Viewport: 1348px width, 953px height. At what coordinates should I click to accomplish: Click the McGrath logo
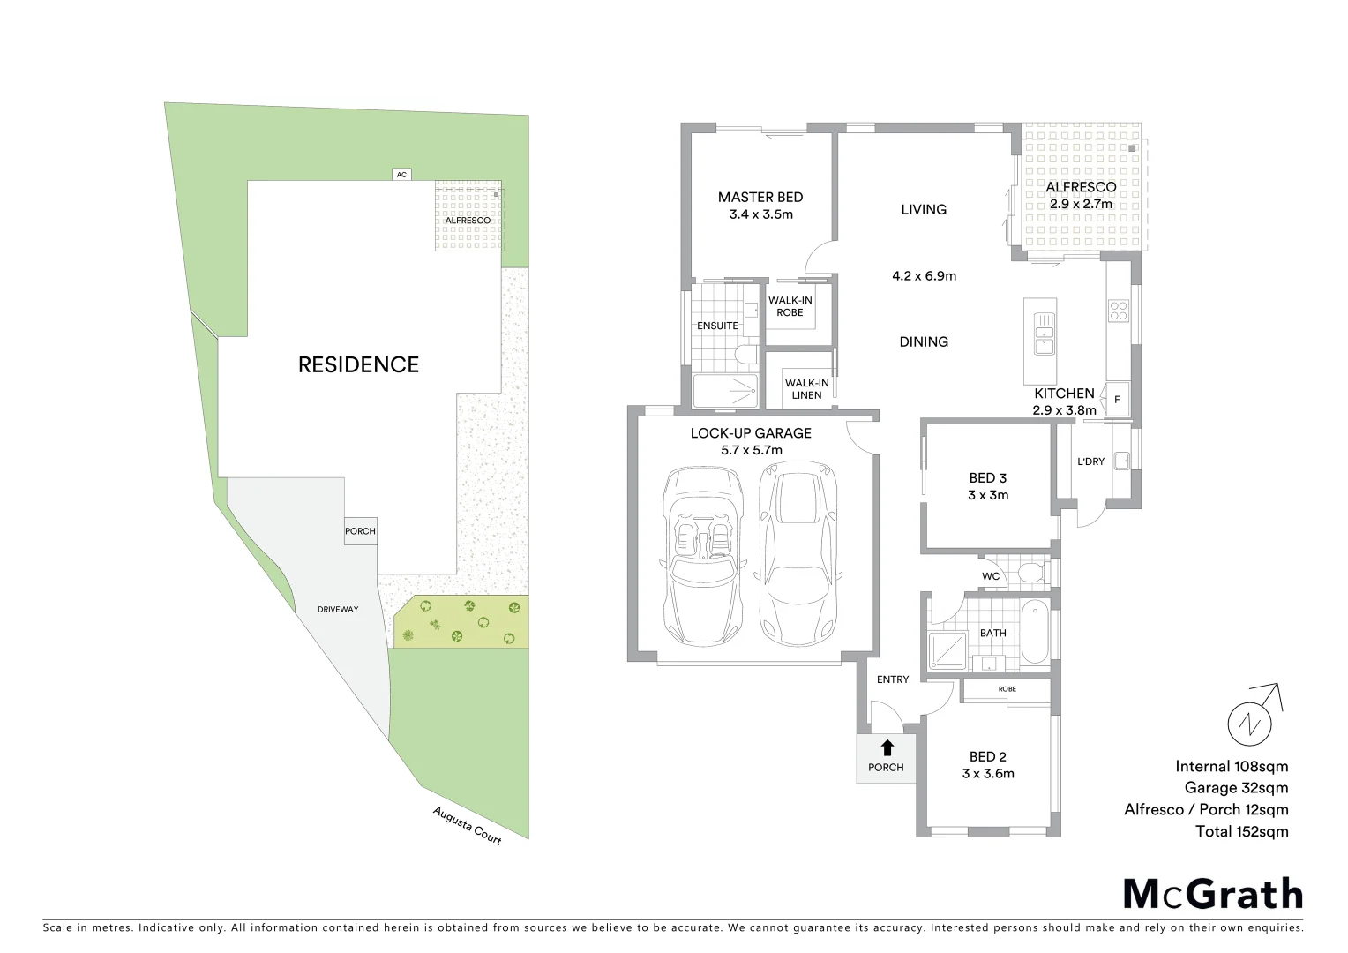pyautogui.click(x=1212, y=894)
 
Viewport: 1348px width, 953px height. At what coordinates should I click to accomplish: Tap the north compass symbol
pyautogui.click(x=1251, y=721)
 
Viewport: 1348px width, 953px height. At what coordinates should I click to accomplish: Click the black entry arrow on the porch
pyautogui.click(x=886, y=747)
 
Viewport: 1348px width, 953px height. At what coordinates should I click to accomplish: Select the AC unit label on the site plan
pyautogui.click(x=401, y=175)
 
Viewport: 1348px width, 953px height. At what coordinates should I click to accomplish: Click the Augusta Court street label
pyautogui.click(x=467, y=826)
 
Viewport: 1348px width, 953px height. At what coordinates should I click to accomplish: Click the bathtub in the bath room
pyautogui.click(x=1034, y=633)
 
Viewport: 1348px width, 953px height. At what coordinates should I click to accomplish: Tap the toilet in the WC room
pyautogui.click(x=1030, y=574)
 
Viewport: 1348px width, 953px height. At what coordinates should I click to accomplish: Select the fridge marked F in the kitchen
pyautogui.click(x=1117, y=399)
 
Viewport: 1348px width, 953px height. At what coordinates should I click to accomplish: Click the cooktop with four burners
pyautogui.click(x=1119, y=311)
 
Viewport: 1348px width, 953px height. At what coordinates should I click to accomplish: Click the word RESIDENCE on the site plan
pyautogui.click(x=358, y=364)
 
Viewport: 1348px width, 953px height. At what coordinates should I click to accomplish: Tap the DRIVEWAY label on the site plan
pyautogui.click(x=339, y=610)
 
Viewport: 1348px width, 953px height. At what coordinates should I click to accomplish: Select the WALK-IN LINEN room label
pyautogui.click(x=806, y=388)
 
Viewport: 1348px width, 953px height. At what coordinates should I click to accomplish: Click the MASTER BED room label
pyautogui.click(x=760, y=198)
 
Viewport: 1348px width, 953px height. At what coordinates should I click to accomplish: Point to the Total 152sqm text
pyautogui.click(x=1241, y=831)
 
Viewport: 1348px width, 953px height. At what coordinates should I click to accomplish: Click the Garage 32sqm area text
pyautogui.click(x=1232, y=788)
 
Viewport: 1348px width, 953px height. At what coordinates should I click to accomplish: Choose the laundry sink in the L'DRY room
pyautogui.click(x=1121, y=460)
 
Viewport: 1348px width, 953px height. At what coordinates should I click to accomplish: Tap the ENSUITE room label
pyautogui.click(x=717, y=326)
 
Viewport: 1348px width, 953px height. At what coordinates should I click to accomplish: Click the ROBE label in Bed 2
pyautogui.click(x=1007, y=688)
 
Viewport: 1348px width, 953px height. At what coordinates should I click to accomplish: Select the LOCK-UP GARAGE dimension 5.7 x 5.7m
pyautogui.click(x=750, y=450)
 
